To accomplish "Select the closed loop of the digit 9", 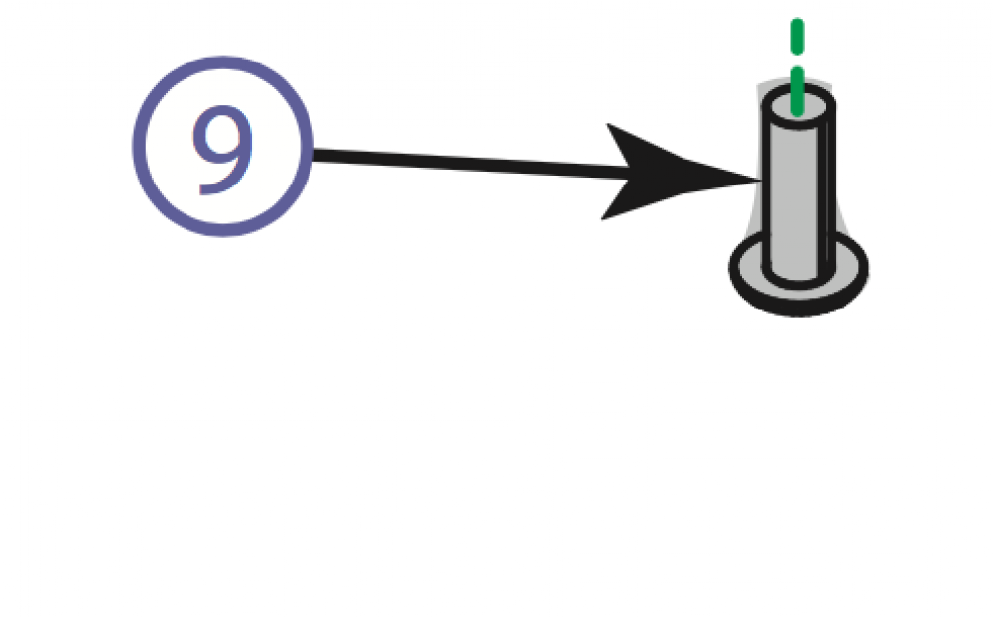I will coord(222,133).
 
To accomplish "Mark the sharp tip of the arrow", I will coord(756,180).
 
